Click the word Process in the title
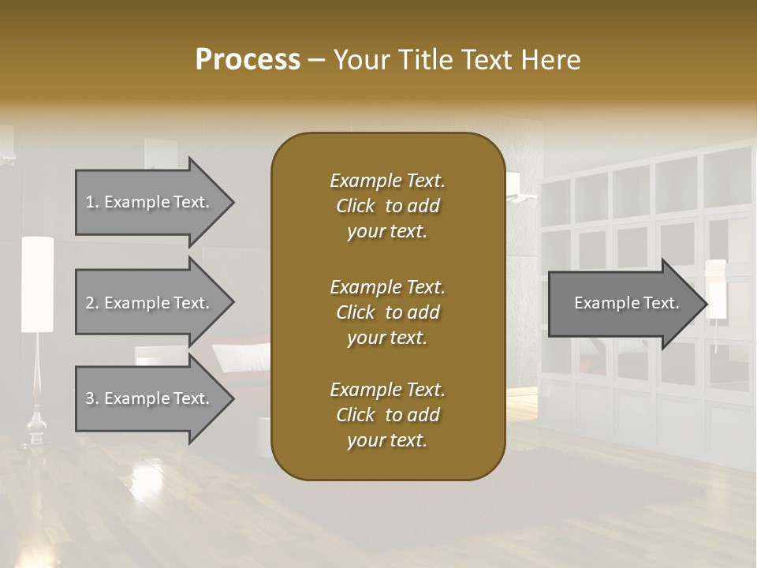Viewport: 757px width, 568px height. tap(248, 60)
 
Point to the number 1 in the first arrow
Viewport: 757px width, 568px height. tap(90, 202)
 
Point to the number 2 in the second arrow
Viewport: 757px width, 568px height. tap(90, 303)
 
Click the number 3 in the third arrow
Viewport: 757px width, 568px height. tap(90, 398)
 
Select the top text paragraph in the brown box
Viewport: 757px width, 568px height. tap(387, 206)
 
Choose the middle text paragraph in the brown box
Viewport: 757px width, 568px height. tap(387, 312)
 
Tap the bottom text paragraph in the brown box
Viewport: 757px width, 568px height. tap(387, 415)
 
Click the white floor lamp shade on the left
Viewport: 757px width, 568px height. tap(37, 284)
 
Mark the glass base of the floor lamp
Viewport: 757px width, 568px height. tap(36, 427)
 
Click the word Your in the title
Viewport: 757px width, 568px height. tap(360, 60)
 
